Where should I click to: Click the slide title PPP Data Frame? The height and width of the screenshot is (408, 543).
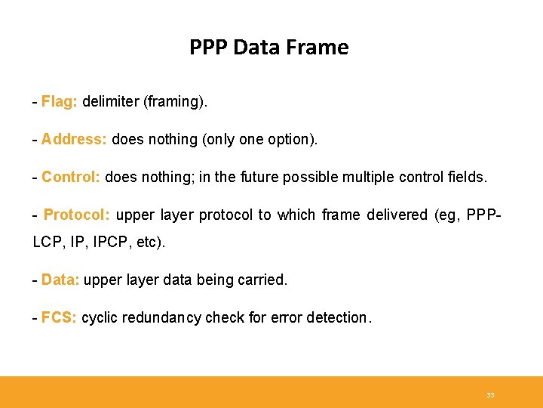[268, 48]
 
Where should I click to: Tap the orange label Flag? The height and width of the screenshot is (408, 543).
[60, 101]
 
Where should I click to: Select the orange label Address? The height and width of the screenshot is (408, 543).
[74, 139]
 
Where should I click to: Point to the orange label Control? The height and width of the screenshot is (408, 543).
[72, 177]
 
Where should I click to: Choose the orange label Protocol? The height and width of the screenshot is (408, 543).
[77, 215]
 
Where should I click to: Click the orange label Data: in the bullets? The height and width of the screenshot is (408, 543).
[60, 280]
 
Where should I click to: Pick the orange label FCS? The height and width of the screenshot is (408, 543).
[59, 317]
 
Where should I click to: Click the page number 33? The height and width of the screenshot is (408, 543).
[490, 395]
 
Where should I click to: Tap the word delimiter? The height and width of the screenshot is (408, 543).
[111, 101]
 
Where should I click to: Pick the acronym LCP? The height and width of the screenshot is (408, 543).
[48, 242]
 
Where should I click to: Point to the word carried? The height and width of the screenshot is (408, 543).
[263, 280]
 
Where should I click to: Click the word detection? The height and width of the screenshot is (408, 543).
[339, 317]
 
